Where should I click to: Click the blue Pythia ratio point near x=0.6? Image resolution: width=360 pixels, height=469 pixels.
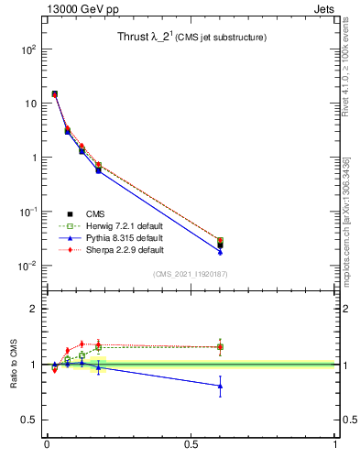click(220, 386)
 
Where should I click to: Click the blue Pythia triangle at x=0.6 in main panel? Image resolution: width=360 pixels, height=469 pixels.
click(220, 251)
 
